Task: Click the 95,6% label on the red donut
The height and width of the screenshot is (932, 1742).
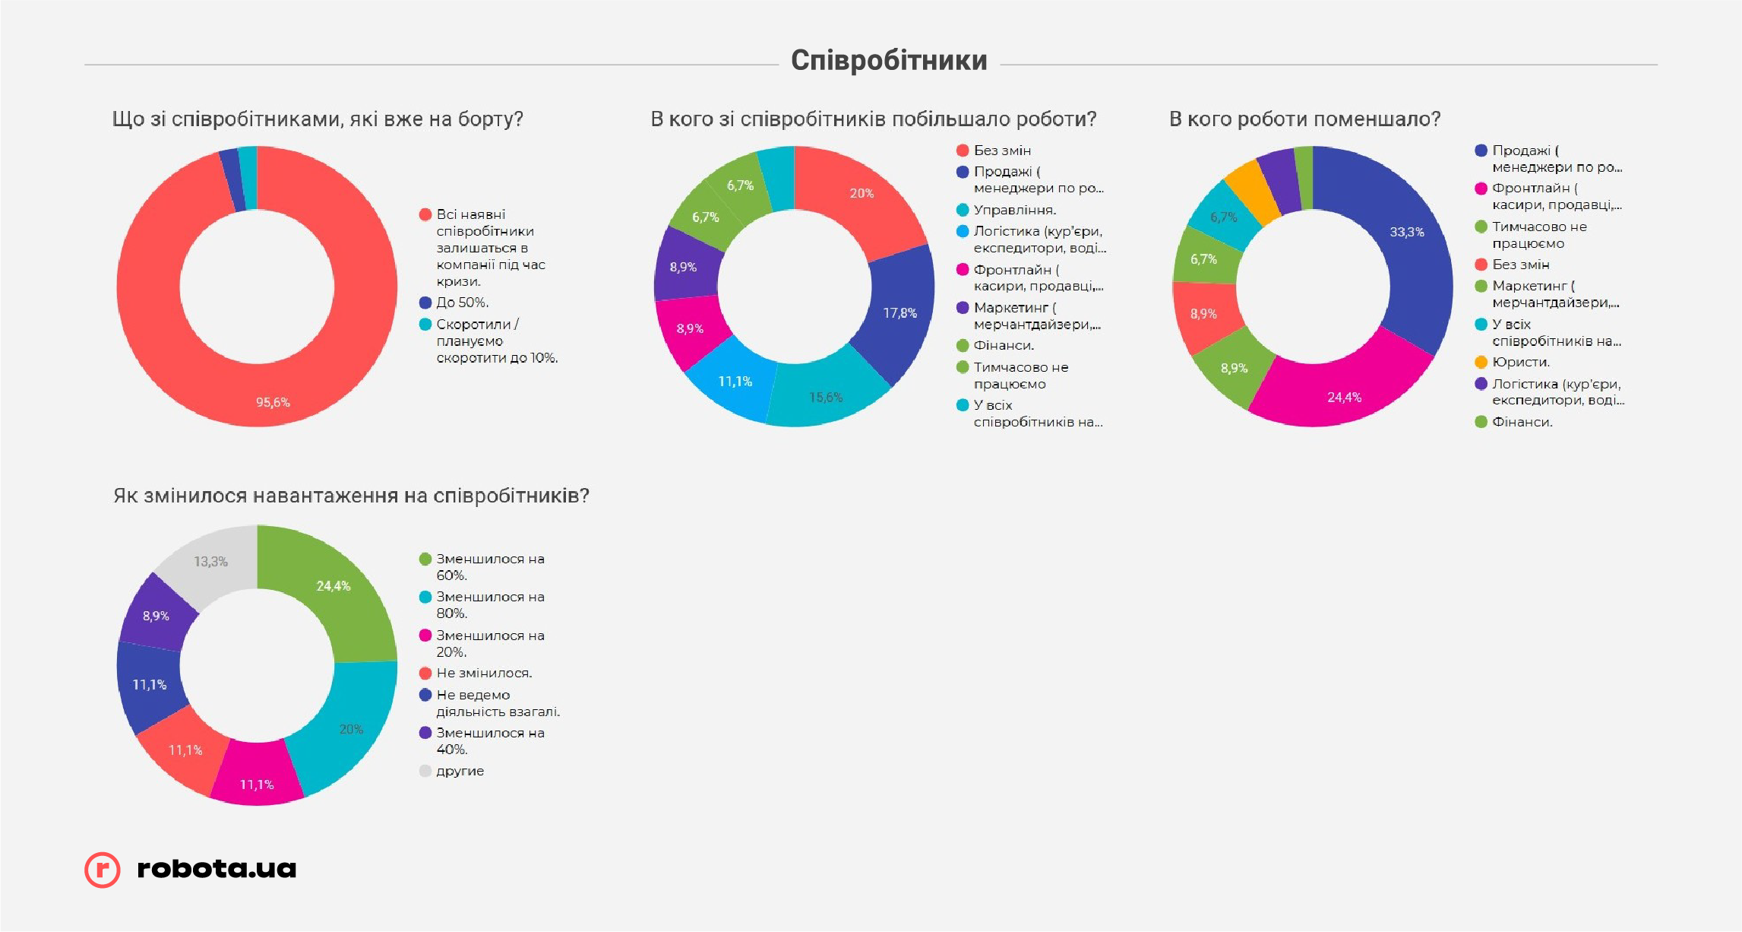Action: pos(273,402)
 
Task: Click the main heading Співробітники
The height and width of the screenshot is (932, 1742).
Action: pos(889,60)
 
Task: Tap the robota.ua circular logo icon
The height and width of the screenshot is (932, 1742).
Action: pos(103,870)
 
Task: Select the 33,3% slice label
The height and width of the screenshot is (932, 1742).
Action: pos(1407,232)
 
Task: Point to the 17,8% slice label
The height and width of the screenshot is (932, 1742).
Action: pos(899,313)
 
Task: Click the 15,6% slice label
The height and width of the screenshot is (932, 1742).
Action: pos(826,398)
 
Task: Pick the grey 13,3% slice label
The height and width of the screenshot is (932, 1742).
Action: pos(210,562)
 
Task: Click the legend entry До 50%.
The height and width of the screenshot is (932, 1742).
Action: pos(462,303)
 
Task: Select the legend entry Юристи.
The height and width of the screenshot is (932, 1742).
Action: pos(1521,362)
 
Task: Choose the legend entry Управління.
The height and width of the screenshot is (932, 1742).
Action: pos(1015,210)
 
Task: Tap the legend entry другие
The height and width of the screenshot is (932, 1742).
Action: pos(460,771)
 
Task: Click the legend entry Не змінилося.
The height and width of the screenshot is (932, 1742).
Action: pos(484,673)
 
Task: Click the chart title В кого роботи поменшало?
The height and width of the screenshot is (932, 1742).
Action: pos(1304,119)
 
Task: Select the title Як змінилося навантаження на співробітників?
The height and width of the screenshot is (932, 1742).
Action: pos(351,496)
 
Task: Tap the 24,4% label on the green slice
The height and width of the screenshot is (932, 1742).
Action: pos(334,586)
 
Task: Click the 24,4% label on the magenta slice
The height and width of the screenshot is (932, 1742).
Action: pos(1344,398)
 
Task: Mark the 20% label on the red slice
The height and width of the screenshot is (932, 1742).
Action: pos(862,193)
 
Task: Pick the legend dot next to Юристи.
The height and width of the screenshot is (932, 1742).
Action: pos(1481,362)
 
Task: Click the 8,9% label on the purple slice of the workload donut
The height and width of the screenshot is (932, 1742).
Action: pos(156,616)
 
